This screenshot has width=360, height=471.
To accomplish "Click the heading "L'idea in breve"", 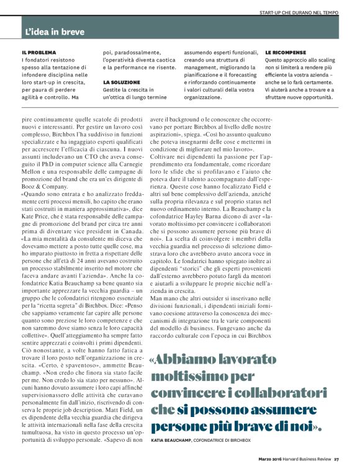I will [x=55, y=31].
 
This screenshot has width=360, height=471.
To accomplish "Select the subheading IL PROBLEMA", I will [x=38, y=52].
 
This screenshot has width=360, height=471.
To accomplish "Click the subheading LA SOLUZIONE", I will [x=122, y=82].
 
